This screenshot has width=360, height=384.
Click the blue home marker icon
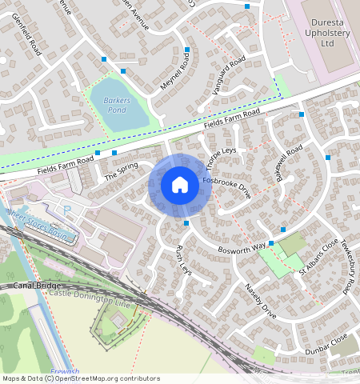tap(180, 186)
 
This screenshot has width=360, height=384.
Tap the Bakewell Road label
tap(283, 162)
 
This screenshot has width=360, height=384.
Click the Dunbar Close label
tap(328, 345)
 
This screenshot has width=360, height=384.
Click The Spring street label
tap(122, 170)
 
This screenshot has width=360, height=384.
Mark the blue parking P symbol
tap(66, 210)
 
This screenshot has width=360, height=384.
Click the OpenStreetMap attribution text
tap(80, 378)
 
